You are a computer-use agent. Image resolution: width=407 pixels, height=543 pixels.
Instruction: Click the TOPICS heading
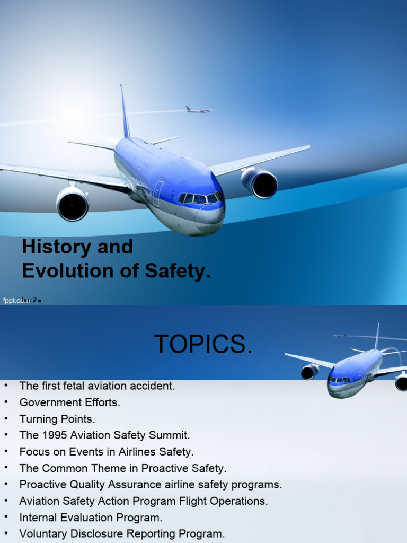[203, 345]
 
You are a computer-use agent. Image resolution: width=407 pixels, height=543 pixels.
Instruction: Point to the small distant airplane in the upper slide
[198, 110]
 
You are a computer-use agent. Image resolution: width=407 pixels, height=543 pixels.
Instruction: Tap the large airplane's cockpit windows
[200, 198]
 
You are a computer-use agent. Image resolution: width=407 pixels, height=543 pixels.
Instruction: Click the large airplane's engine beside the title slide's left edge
[73, 204]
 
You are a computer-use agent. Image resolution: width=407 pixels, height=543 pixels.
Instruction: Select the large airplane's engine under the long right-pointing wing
[260, 183]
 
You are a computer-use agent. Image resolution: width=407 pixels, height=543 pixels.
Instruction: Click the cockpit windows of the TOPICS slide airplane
[339, 380]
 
